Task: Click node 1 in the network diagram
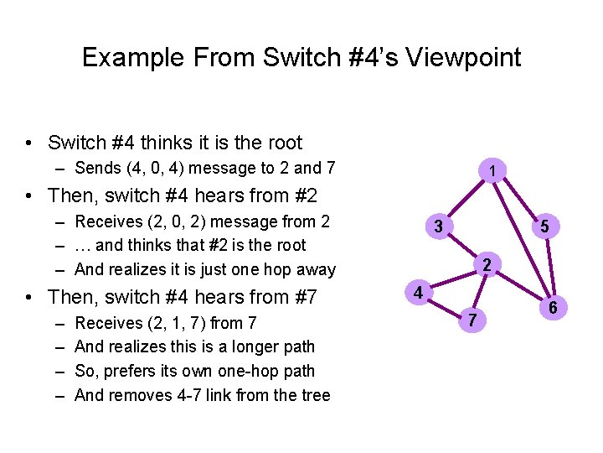pyautogui.click(x=494, y=171)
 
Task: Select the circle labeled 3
pyautogui.click(x=438, y=226)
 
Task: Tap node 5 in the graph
pyautogui.click(x=544, y=226)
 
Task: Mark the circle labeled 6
pyautogui.click(x=553, y=309)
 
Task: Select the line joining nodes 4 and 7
pyautogui.click(x=446, y=305)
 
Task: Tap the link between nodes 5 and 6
pyautogui.click(x=549, y=268)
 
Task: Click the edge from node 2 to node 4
pyautogui.click(x=453, y=279)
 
